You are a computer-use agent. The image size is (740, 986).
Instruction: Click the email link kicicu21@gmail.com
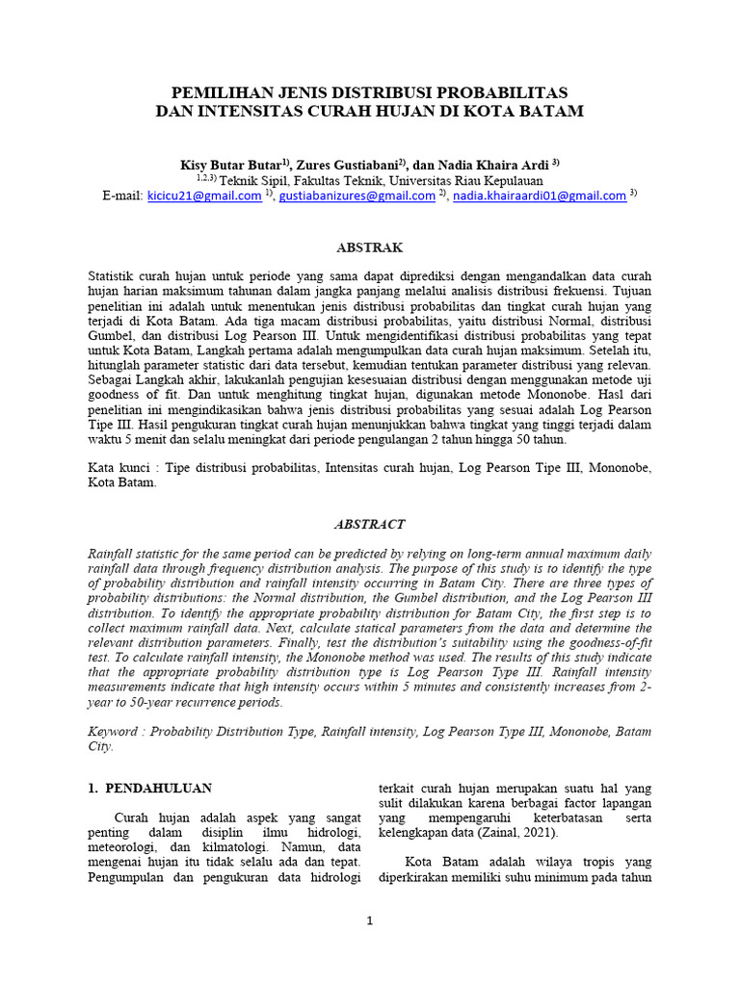(x=203, y=195)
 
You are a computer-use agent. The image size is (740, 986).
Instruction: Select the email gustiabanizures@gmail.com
(x=357, y=195)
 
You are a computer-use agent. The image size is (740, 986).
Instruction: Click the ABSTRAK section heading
(x=369, y=247)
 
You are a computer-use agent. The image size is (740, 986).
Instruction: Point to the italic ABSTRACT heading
(x=369, y=525)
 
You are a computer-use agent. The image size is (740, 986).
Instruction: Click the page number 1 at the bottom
(x=369, y=921)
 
